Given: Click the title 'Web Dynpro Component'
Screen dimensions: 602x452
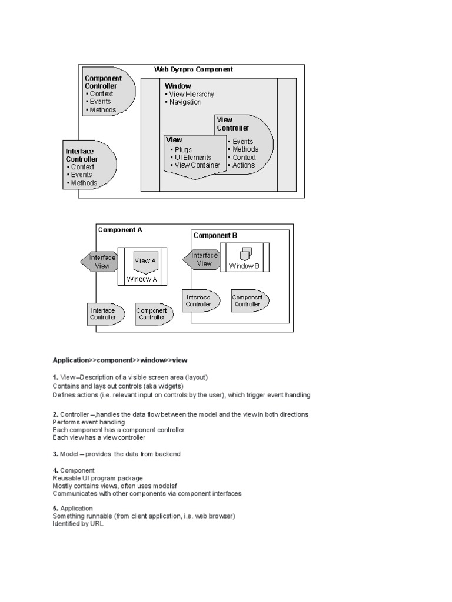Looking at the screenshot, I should point(194,69).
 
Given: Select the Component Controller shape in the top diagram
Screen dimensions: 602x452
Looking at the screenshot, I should point(108,94).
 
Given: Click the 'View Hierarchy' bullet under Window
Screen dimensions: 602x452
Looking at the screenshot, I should point(191,94).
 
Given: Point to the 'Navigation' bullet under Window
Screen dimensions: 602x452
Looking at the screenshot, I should point(185,102).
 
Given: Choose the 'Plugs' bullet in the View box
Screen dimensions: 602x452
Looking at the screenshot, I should point(183,150).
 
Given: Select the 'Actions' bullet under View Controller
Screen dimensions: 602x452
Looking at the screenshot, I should point(244,165).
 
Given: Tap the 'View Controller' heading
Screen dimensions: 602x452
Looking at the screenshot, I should point(232,123).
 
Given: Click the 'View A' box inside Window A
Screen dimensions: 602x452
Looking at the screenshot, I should point(145,262).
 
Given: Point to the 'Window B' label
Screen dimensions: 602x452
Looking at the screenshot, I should point(244,266).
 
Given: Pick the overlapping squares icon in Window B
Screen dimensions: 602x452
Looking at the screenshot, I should point(245,253).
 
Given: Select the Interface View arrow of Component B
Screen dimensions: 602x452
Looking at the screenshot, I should point(202,259).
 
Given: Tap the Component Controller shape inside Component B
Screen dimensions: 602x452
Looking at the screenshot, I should point(249,301).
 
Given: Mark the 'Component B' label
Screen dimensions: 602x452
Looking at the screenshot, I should point(215,236).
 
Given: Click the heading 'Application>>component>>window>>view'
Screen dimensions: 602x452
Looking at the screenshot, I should point(120,360).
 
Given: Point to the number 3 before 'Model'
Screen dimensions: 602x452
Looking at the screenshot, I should point(55,453).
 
